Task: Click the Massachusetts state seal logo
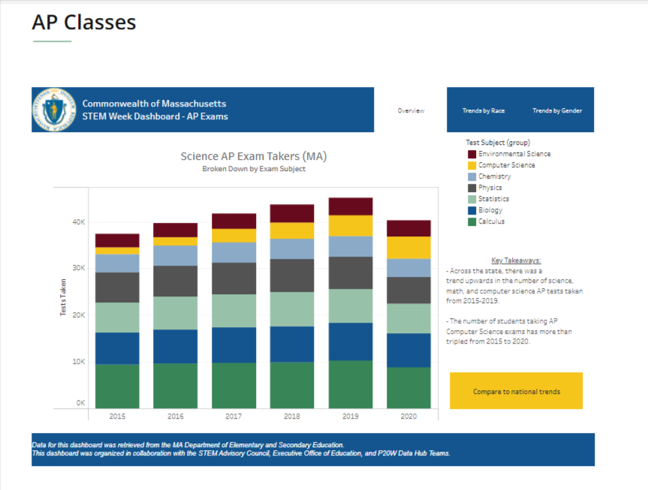click(53, 110)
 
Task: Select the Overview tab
click(411, 110)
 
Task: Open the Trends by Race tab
click(484, 110)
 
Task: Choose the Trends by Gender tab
click(557, 110)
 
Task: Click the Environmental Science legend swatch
click(472, 154)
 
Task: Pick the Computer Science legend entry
click(506, 165)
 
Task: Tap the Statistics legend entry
click(493, 199)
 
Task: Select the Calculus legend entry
click(491, 221)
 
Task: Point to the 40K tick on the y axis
click(78, 222)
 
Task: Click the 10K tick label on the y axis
click(78, 362)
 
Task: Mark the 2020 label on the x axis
click(408, 415)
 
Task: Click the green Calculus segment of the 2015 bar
click(117, 386)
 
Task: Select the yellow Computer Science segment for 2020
click(408, 248)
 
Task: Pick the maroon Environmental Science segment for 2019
click(350, 206)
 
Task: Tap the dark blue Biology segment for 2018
click(292, 344)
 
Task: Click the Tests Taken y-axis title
click(63, 297)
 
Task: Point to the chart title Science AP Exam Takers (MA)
click(254, 157)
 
